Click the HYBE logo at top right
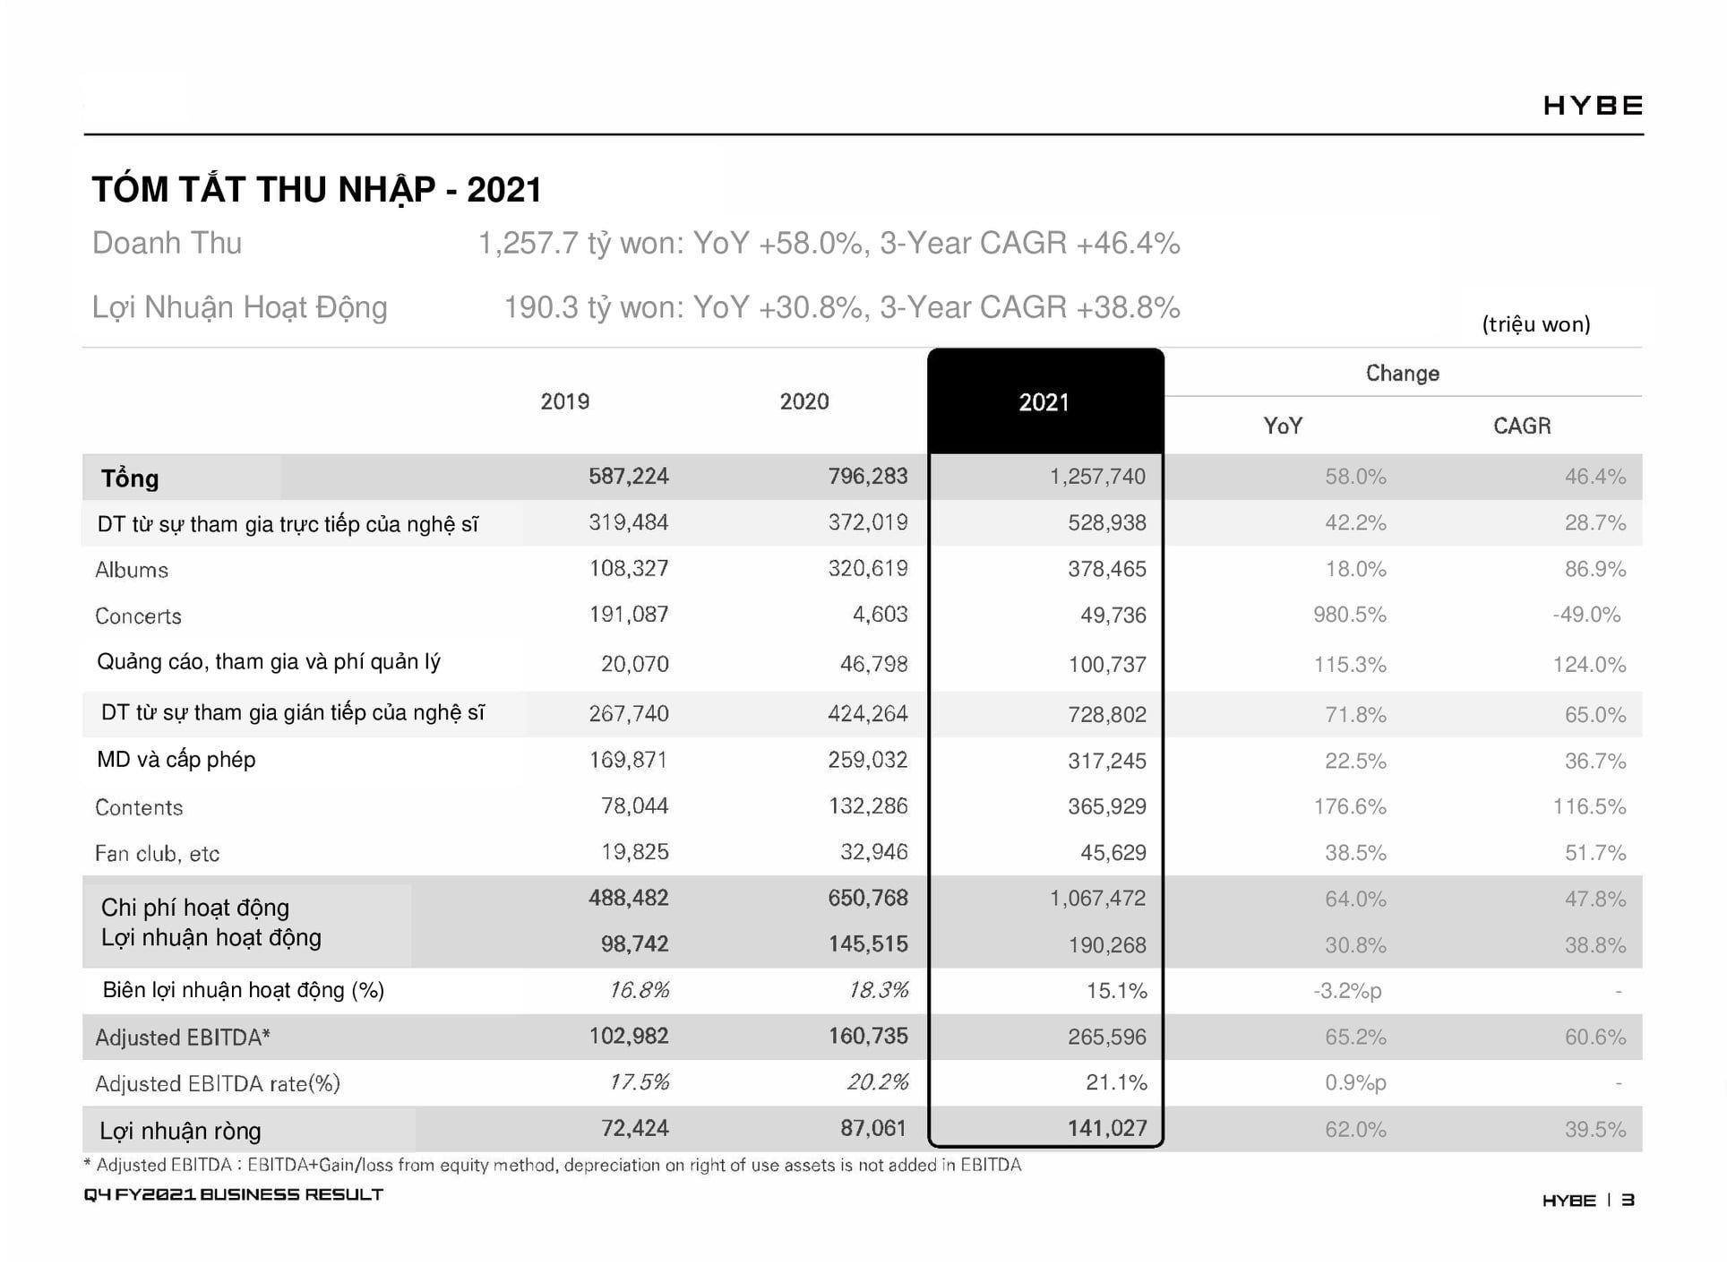(1592, 106)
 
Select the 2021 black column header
(1044, 402)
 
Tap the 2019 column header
(564, 401)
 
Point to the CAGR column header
(1521, 426)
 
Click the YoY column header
(1283, 426)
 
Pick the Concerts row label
(138, 616)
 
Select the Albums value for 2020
(867, 568)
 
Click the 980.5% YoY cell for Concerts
(1349, 616)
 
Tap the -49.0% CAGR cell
(1586, 616)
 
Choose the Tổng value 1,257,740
(1097, 477)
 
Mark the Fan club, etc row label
(157, 854)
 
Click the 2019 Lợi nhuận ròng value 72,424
(634, 1128)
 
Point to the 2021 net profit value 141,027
(1106, 1128)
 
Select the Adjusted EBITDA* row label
(183, 1038)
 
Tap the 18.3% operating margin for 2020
(878, 990)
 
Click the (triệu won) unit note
(1535, 324)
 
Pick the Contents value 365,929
(1106, 806)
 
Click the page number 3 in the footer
(1628, 1200)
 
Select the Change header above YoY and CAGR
(1402, 374)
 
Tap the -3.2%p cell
(1347, 991)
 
